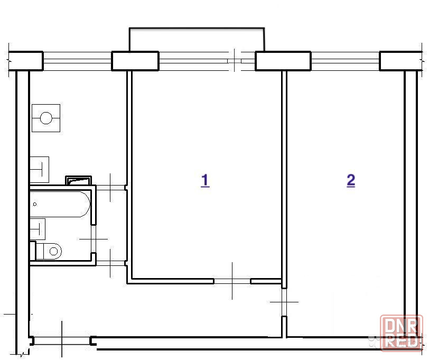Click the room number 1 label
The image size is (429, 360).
pos(205,181)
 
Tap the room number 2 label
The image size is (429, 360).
pos(351,181)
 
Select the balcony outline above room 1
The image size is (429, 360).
pos(197,28)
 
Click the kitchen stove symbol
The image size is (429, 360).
pos(46,118)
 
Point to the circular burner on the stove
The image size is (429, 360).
pos(46,118)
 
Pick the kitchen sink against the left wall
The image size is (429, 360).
pos(39,170)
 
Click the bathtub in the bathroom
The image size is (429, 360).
pos(60,204)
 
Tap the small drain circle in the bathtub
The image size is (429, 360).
pos(35,204)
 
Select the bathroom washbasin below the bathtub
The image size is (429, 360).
pos(37,229)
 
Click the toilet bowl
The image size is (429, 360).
pos(49,251)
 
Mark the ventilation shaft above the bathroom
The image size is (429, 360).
pos(78,180)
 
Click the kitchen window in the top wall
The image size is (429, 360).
pos(77,61)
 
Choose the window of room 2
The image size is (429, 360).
pos(346,61)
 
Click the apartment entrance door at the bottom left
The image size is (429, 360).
pos(62,341)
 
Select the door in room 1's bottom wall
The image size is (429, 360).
pos(232,281)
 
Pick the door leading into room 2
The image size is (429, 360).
pos(284,302)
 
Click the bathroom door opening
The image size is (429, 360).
pos(94,239)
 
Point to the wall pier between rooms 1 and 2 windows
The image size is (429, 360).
pos(283,61)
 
